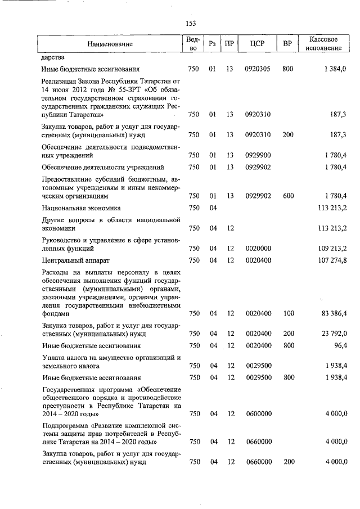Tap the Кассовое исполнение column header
click(323, 44)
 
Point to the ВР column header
click(287, 44)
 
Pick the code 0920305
click(258, 69)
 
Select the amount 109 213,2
click(332, 248)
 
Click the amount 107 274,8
click(332, 260)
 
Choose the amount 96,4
click(338, 345)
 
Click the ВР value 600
click(288, 196)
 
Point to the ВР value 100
click(288, 314)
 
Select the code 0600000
click(258, 414)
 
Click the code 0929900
click(258, 155)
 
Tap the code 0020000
click(258, 248)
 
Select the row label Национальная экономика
click(80, 208)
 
